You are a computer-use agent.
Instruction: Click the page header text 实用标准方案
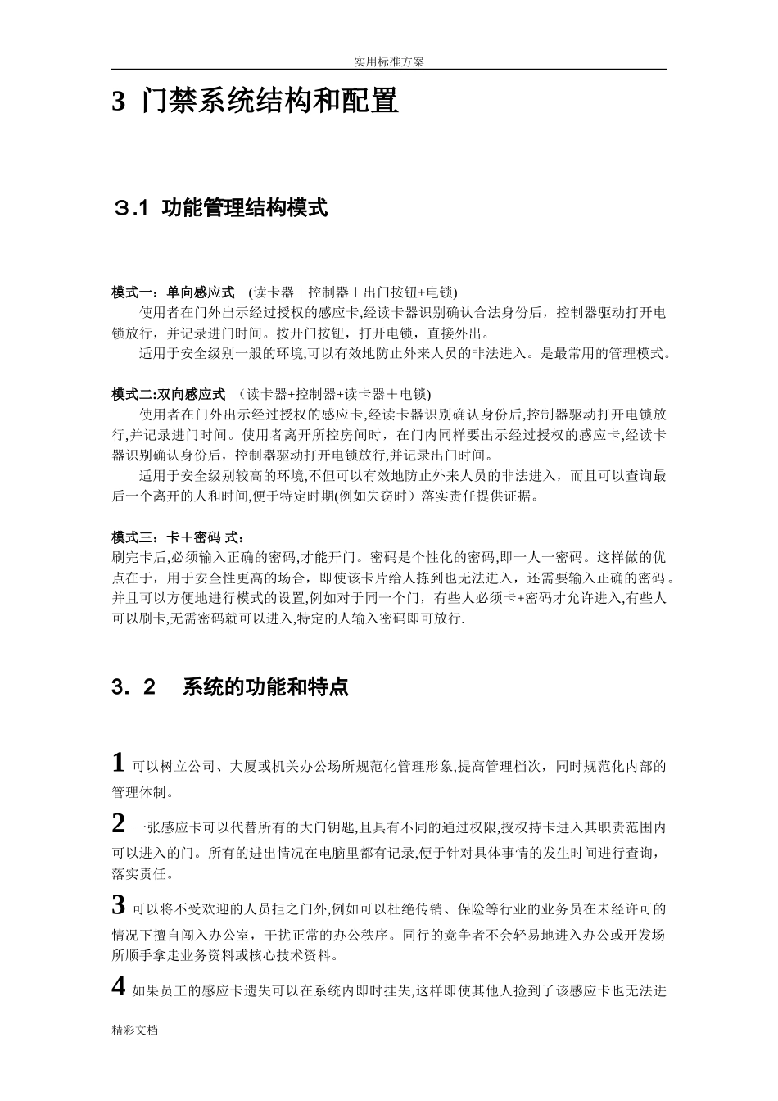click(389, 61)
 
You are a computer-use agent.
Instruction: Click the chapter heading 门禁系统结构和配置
click(269, 102)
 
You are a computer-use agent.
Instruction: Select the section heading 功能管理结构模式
click(245, 208)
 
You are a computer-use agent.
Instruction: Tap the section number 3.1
click(131, 209)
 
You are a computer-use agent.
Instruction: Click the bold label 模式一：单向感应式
click(173, 292)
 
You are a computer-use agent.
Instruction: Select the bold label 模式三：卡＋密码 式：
click(178, 537)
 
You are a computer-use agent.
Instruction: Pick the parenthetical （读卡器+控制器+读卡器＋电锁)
click(336, 395)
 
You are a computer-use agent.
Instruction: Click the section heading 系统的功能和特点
click(265, 686)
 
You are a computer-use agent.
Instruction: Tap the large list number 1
click(119, 763)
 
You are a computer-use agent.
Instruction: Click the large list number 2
click(119, 823)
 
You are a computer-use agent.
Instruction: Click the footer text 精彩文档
click(135, 1031)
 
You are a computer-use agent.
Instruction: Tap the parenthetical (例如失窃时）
click(370, 496)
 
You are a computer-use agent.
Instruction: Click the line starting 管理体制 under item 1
click(142, 793)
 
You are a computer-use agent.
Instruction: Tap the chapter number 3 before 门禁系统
click(119, 102)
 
